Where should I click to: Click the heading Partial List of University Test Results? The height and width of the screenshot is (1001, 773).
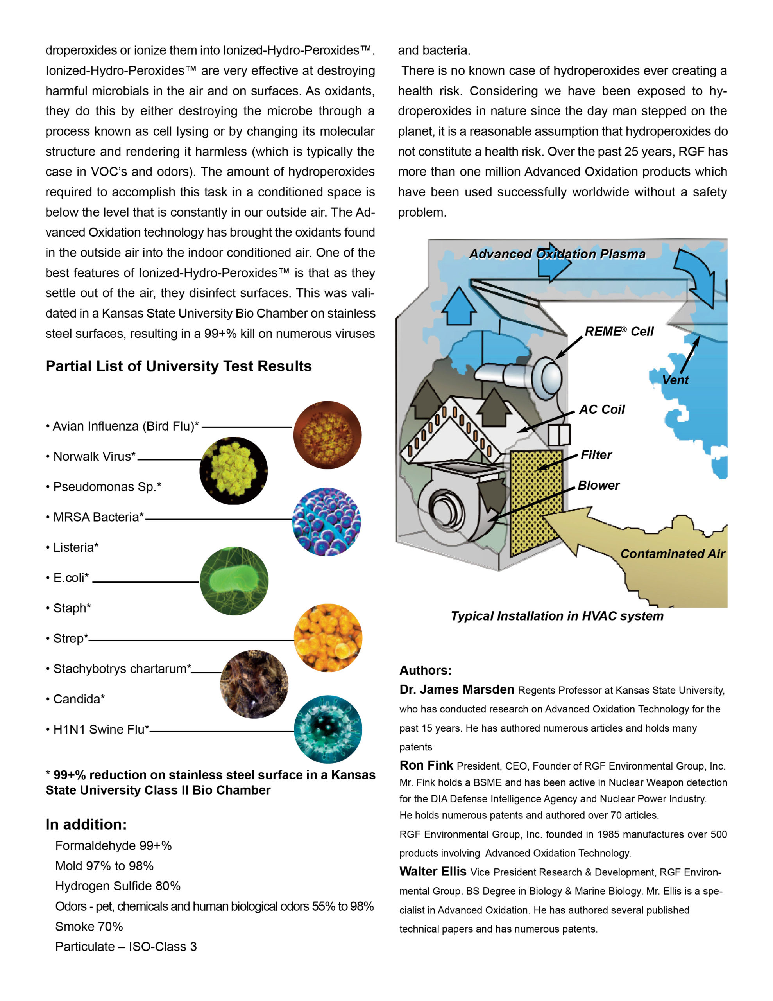tap(178, 366)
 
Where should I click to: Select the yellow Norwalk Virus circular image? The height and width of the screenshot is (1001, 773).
tap(233, 471)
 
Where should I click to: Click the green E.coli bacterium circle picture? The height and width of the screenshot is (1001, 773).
tap(234, 581)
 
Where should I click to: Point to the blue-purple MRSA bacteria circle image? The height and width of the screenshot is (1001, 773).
tap(327, 522)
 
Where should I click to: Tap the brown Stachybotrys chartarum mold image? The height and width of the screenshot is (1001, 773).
tap(254, 684)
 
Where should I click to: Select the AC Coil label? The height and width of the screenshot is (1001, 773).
tap(601, 409)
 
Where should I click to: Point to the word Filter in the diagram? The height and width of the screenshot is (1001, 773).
tap(596, 455)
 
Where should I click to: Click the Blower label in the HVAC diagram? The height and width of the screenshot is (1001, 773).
tap(598, 485)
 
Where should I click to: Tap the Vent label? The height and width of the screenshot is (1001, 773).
tap(675, 380)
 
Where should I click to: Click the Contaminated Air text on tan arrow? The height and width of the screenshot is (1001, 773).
tap(672, 554)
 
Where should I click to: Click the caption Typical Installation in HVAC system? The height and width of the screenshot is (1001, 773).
tap(557, 615)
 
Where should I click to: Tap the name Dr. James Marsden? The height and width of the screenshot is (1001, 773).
tap(456, 689)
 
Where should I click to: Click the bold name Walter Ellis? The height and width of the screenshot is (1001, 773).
tap(433, 871)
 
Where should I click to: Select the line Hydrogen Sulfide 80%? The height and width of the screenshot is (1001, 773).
tap(118, 886)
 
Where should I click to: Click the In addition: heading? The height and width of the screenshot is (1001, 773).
tap(86, 825)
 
